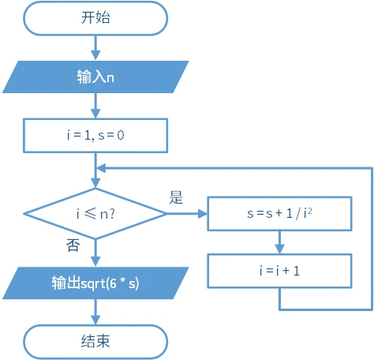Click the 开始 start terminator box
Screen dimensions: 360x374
pyautogui.click(x=95, y=17)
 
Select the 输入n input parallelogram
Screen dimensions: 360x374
pyautogui.click(x=95, y=77)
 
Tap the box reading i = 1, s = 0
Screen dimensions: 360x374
pyautogui.click(x=95, y=135)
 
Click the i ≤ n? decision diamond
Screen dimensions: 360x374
pyautogui.click(x=95, y=213)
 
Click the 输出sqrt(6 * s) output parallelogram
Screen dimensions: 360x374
pyautogui.click(x=95, y=283)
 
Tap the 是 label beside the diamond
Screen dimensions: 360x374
pyautogui.click(x=176, y=197)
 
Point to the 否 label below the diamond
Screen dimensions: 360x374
pyautogui.click(x=73, y=246)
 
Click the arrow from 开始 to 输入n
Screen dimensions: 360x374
pyautogui.click(x=95, y=47)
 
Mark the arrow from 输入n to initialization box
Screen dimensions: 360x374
pyautogui.click(x=95, y=106)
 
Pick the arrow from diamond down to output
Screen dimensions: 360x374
pyautogui.click(x=95, y=253)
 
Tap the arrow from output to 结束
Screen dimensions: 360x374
pyautogui.click(x=95, y=313)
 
